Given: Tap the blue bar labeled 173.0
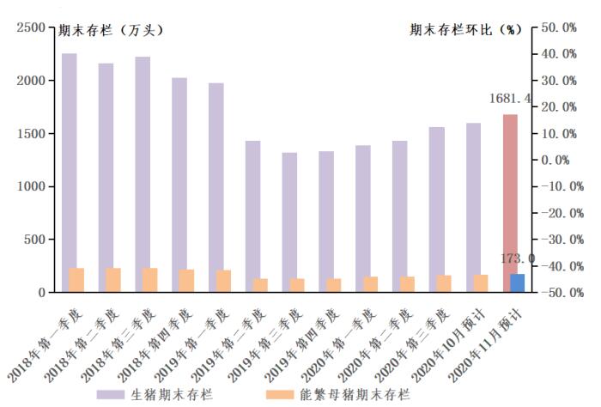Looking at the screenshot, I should pyautogui.click(x=518, y=283).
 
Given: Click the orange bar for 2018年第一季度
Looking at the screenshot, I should pyautogui.click(x=76, y=280).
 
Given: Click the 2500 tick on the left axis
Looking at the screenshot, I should pyautogui.click(x=31, y=27).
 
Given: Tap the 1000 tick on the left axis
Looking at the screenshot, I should pyautogui.click(x=31, y=186).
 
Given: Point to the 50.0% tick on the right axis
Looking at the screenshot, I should pyautogui.click(x=559, y=27).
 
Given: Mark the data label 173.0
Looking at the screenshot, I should pyautogui.click(x=519, y=258).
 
